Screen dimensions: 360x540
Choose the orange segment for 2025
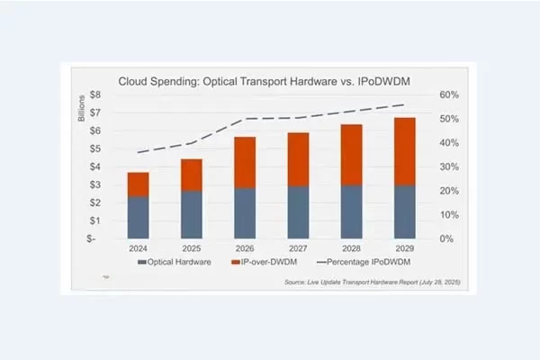coord(191,175)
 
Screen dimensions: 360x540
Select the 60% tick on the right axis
coord(450,94)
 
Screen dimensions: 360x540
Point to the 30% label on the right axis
coord(450,167)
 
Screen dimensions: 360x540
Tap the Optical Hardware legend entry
coord(175,263)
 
